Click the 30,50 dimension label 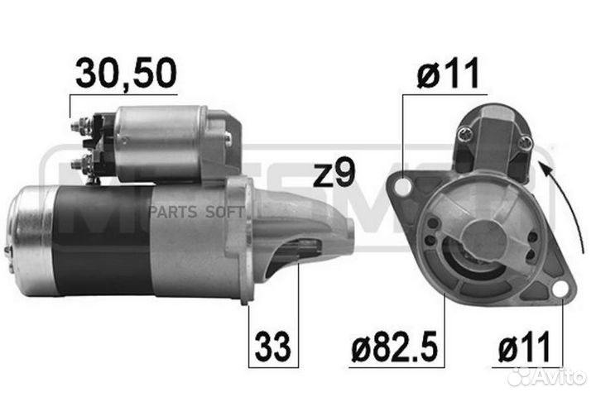click(126, 74)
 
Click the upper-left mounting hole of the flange click(403, 188)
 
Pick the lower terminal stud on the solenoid click(81, 163)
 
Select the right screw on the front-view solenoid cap click(524, 143)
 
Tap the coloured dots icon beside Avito click(521, 376)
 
